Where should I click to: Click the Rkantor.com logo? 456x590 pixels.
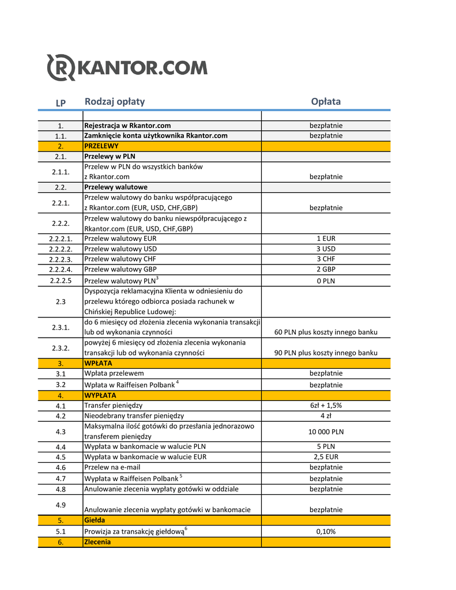click(x=126, y=68)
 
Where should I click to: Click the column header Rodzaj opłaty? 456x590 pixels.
click(x=115, y=102)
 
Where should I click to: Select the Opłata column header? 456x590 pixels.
click(x=326, y=102)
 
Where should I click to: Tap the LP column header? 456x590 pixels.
click(x=61, y=103)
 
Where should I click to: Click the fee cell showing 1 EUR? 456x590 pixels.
click(x=326, y=239)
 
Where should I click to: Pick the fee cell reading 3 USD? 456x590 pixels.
click(x=326, y=249)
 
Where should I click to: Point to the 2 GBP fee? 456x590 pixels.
click(x=326, y=269)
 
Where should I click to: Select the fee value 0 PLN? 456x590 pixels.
click(x=326, y=281)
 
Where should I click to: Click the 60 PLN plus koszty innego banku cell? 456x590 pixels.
click(x=326, y=332)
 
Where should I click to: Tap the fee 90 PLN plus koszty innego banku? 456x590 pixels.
click(x=326, y=353)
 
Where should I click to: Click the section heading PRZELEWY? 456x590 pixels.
click(x=101, y=146)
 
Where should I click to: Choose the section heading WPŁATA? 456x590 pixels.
click(x=99, y=364)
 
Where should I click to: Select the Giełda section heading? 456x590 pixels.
click(x=95, y=520)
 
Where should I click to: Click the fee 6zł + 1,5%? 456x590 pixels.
click(x=326, y=406)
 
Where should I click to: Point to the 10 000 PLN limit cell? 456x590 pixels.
click(x=326, y=432)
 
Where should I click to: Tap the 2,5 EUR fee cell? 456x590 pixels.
click(x=326, y=457)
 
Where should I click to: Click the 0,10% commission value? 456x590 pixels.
click(x=326, y=532)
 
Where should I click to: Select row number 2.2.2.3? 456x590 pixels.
click(x=61, y=259)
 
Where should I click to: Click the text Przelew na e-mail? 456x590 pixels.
click(x=112, y=467)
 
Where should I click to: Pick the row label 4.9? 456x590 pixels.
click(x=61, y=505)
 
